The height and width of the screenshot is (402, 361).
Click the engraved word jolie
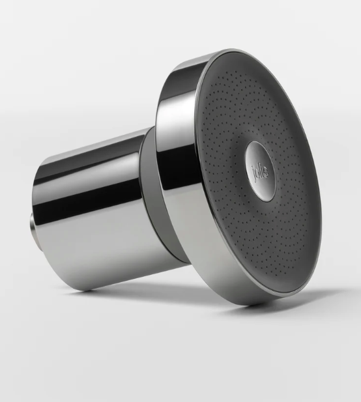[x=260, y=171]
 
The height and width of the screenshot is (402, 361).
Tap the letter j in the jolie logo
[x=253, y=171]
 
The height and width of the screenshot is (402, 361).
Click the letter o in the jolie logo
[x=257, y=171]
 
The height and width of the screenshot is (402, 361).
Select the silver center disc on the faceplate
[x=260, y=170]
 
